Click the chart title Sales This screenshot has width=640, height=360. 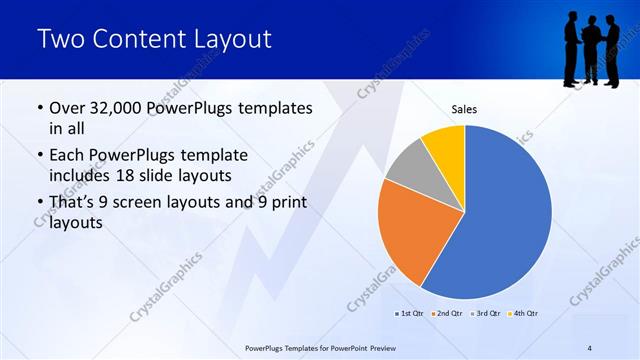464,109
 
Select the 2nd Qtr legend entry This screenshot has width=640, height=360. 448,314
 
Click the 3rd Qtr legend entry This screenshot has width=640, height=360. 486,314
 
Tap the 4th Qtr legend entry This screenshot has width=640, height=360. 524,314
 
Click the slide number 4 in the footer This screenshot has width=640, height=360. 589,347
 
